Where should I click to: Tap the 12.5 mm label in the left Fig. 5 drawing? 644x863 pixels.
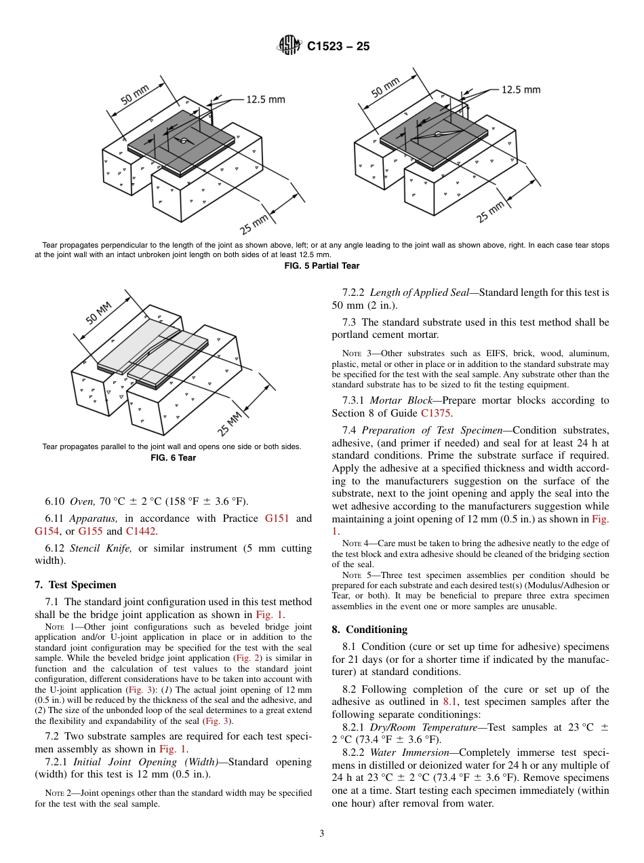coord(265,100)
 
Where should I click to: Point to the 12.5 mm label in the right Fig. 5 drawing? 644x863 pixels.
coord(521,90)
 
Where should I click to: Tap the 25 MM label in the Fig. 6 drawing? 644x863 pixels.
coord(230,423)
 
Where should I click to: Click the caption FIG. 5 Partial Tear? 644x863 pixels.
coord(321,266)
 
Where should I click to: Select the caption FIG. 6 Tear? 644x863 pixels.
coord(172,457)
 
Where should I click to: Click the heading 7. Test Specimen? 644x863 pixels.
coord(75,585)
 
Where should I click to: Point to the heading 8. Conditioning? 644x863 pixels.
coord(369,630)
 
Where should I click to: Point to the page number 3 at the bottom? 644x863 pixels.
coord(321,834)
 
